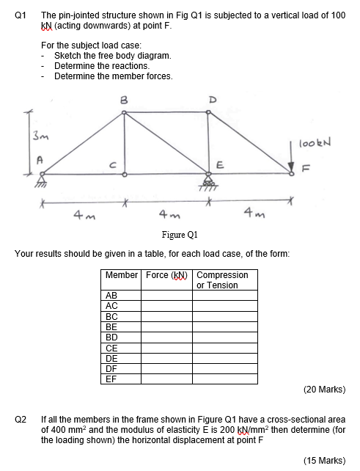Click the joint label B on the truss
coord(124,101)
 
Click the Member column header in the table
coord(121,276)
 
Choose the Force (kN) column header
coord(168,276)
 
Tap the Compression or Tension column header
coord(223,280)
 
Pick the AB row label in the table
coord(111,295)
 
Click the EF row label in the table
coord(111,379)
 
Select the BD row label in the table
coord(111,337)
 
